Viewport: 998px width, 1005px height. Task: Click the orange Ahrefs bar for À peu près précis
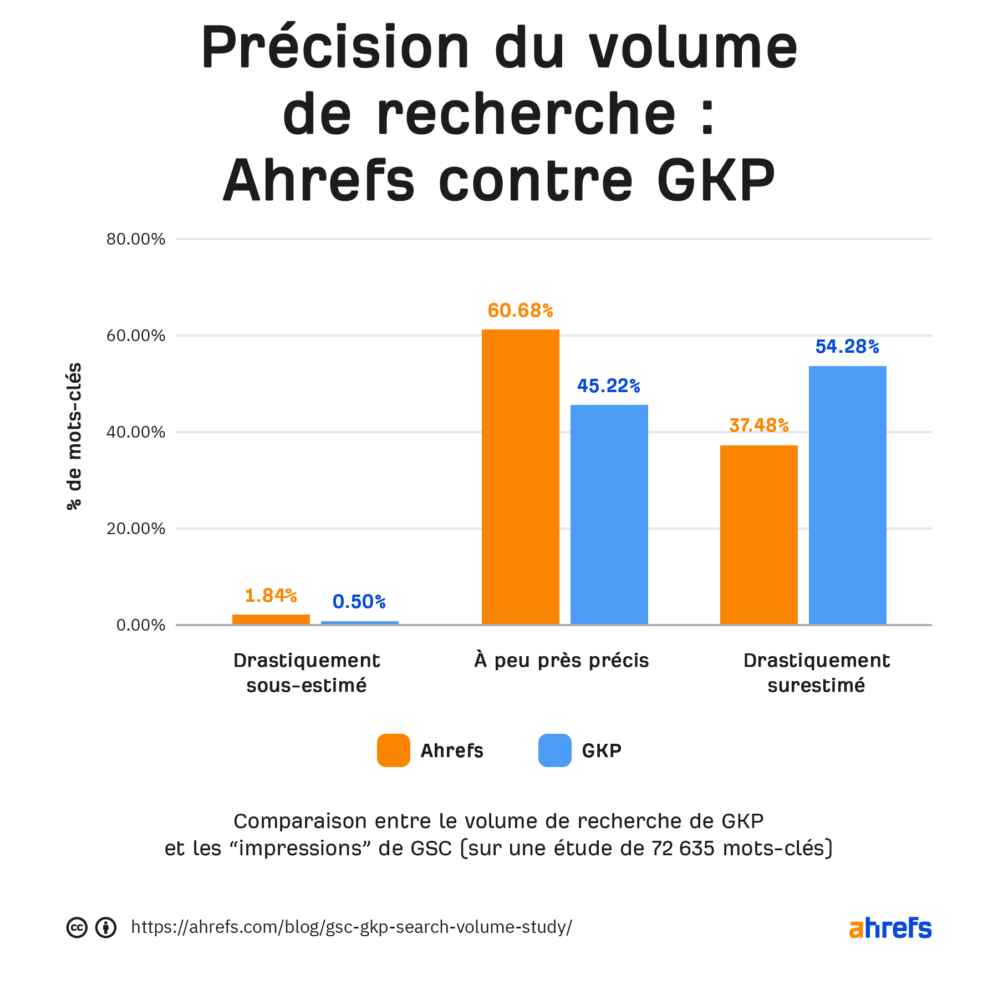tap(520, 477)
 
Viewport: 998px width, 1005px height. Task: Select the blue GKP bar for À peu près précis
tap(609, 514)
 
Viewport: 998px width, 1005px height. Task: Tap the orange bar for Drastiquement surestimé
tap(758, 535)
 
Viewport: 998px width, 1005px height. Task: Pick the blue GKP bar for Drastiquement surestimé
tap(847, 495)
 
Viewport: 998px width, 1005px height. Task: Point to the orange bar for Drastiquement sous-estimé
tap(271, 619)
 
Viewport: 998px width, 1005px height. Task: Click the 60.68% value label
tap(520, 311)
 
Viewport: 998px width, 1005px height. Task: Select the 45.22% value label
tap(609, 386)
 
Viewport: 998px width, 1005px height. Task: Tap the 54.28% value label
tap(847, 347)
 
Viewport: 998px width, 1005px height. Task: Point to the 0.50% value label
tap(359, 602)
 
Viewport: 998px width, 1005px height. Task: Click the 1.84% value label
tap(271, 596)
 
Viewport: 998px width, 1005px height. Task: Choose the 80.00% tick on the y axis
tap(136, 239)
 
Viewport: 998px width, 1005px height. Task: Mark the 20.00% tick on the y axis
tap(136, 529)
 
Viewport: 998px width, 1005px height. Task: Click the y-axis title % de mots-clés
tap(74, 436)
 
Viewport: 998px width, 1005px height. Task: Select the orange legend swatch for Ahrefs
tap(394, 750)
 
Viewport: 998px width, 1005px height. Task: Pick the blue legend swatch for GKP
tap(554, 750)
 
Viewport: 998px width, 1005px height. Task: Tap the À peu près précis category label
tap(562, 661)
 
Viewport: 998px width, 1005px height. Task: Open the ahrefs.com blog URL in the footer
tap(352, 927)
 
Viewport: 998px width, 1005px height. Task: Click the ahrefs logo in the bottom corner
tap(890, 928)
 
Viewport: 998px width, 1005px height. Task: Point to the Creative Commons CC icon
tap(77, 927)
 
